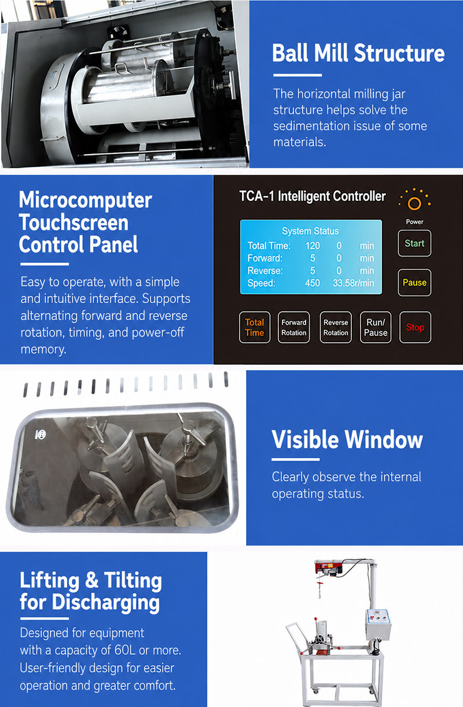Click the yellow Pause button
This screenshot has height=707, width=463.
pyautogui.click(x=414, y=283)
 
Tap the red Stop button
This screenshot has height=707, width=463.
pyautogui.click(x=415, y=327)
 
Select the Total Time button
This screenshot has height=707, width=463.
pyautogui.click(x=255, y=327)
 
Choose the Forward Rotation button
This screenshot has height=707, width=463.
pyautogui.click(x=293, y=327)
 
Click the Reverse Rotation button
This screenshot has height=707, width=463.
pyautogui.click(x=336, y=327)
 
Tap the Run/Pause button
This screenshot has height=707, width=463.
pyautogui.click(x=376, y=327)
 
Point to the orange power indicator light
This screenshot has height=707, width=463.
pyautogui.click(x=414, y=204)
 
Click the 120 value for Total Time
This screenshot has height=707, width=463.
pyautogui.click(x=313, y=246)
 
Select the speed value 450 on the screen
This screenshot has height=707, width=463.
pyautogui.click(x=313, y=283)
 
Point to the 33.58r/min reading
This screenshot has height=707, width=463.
pyautogui.click(x=354, y=283)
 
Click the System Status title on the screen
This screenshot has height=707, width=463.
pyautogui.click(x=310, y=231)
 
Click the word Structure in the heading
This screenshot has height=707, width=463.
pyautogui.click(x=399, y=53)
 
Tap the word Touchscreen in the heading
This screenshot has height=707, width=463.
pyautogui.click(x=74, y=222)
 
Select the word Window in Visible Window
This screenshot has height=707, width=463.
pyautogui.click(x=384, y=439)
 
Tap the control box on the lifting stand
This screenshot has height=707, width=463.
pyautogui.click(x=378, y=625)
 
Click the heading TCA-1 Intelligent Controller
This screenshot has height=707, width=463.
pyautogui.click(x=313, y=196)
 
